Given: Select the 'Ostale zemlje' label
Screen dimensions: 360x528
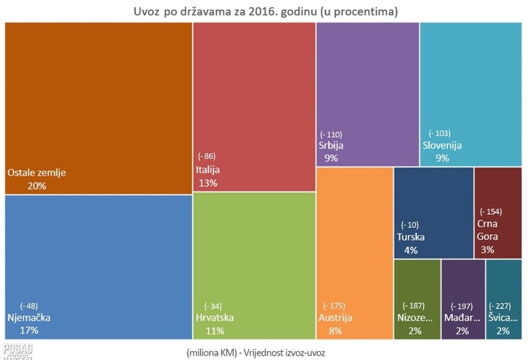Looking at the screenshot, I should (x=36, y=173).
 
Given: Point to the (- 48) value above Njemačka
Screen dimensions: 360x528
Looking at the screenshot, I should (x=29, y=305).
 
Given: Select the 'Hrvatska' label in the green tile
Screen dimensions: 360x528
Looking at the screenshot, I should (x=214, y=318).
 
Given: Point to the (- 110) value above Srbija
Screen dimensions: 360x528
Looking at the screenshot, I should (x=331, y=134).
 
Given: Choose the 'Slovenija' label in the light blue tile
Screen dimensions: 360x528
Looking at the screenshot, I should (x=442, y=145).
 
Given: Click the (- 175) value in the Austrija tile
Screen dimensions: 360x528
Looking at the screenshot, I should (x=334, y=305).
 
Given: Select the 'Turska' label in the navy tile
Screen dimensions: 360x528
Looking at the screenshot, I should (x=411, y=237).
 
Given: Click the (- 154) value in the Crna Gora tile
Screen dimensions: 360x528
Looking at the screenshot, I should (x=491, y=211).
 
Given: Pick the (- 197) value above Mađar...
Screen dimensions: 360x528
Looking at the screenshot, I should (x=460, y=306).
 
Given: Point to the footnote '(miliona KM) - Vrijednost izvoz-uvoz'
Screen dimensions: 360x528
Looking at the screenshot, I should (x=264, y=352).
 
